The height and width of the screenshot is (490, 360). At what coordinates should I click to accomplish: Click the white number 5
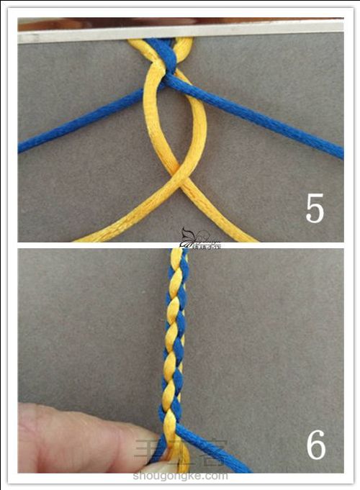point(315,208)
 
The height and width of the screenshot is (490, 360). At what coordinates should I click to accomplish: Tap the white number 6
point(315,446)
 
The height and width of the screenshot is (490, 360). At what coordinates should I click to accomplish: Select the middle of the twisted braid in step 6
point(174,338)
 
